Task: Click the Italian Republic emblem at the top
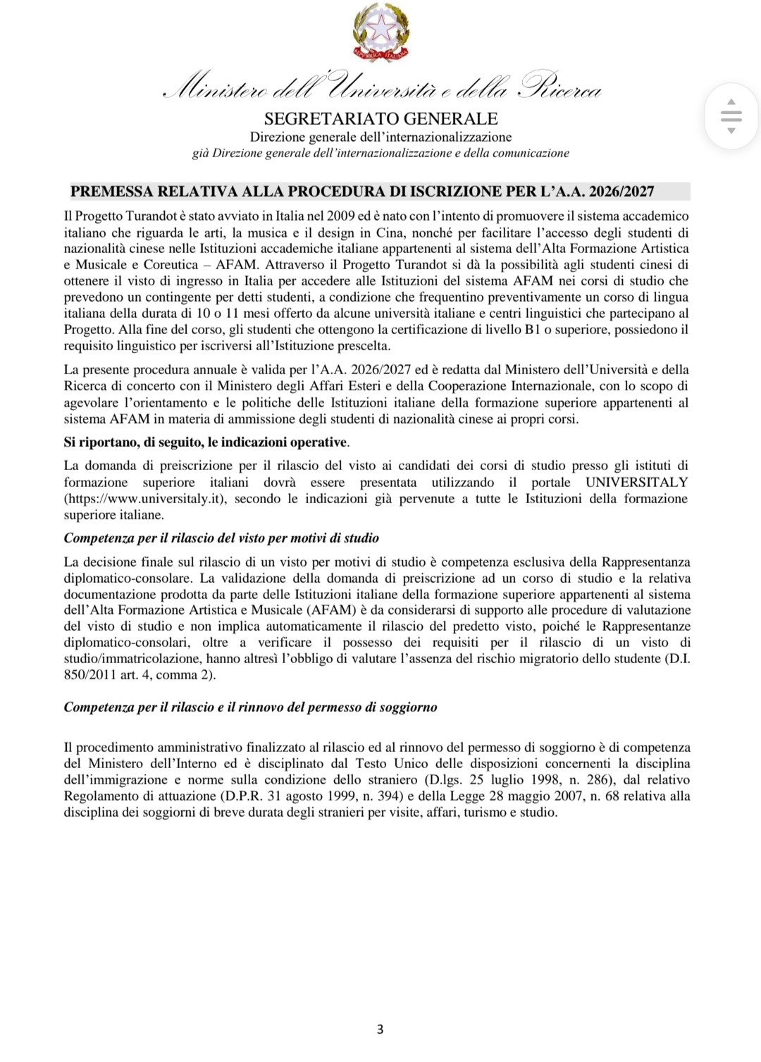[x=381, y=32]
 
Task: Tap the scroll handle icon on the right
[x=731, y=116]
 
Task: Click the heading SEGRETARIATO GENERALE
[x=380, y=118]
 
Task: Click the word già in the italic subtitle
[x=200, y=153]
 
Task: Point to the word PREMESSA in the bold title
[x=111, y=191]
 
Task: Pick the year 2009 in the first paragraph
[x=340, y=216]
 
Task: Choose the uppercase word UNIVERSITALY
[x=636, y=482]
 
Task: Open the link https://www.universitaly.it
[x=144, y=498]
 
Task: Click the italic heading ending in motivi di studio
[x=221, y=538]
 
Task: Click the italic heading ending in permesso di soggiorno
[x=250, y=707]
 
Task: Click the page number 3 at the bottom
[x=380, y=1029]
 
